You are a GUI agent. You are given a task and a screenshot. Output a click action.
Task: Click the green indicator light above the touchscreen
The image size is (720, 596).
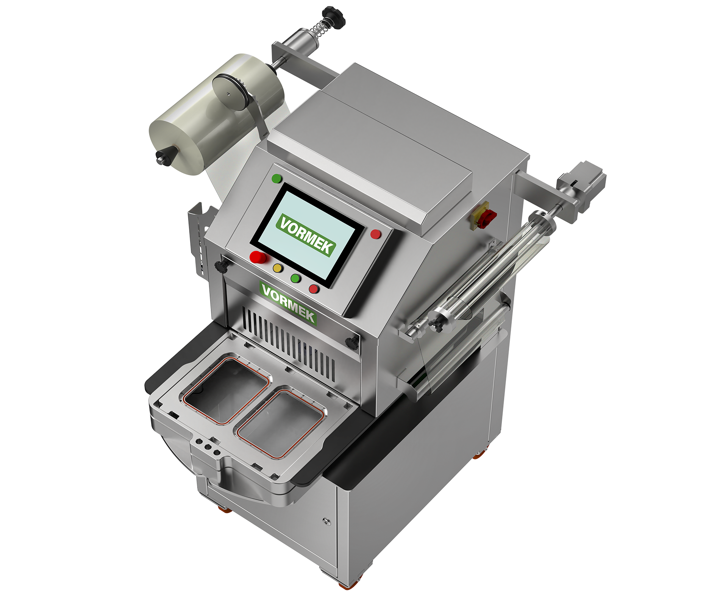(277, 178)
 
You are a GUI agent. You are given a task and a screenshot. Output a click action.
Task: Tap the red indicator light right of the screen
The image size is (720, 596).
(375, 234)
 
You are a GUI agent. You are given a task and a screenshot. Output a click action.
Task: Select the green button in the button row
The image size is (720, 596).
(295, 279)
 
